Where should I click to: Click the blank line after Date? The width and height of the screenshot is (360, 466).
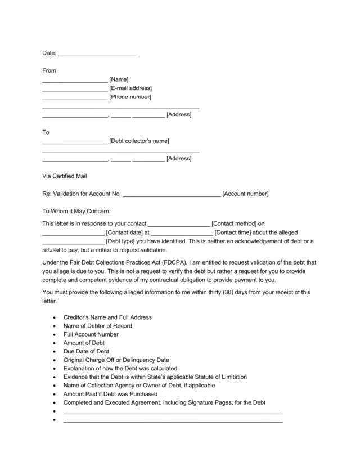(x=97, y=54)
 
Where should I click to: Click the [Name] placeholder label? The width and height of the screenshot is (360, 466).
(x=119, y=79)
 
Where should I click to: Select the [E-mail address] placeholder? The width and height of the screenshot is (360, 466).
(x=130, y=88)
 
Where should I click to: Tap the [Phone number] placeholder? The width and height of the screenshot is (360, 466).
(x=130, y=97)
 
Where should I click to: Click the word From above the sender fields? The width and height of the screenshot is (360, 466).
(x=49, y=71)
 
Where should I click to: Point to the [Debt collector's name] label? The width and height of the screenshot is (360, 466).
(x=139, y=141)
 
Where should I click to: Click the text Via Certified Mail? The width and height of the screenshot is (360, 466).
(x=65, y=176)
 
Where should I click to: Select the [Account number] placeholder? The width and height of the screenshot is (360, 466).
(x=245, y=194)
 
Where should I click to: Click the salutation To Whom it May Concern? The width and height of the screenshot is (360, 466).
(x=77, y=212)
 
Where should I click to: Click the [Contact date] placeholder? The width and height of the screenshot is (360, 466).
(x=124, y=232)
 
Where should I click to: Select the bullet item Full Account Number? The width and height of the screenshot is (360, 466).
(x=91, y=334)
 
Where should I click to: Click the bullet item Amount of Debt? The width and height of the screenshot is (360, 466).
(x=84, y=343)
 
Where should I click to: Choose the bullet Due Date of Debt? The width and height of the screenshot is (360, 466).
(x=86, y=351)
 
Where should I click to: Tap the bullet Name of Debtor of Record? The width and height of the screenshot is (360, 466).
(x=98, y=326)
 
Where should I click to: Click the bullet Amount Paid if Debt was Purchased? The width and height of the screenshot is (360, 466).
(x=110, y=394)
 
